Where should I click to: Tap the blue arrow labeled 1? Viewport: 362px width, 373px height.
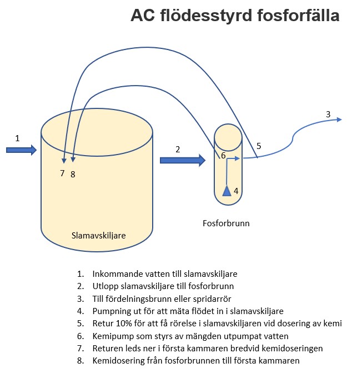click(x=22, y=150)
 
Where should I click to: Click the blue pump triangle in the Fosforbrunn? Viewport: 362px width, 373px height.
click(x=227, y=191)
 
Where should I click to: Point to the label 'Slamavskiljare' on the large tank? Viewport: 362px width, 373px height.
click(x=99, y=235)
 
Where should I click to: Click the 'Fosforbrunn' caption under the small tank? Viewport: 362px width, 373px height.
click(x=225, y=223)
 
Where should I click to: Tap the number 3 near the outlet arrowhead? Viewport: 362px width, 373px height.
click(x=328, y=114)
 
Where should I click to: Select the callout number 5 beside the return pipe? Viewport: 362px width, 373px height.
click(x=259, y=146)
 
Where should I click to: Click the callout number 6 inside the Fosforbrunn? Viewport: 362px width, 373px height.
click(x=223, y=156)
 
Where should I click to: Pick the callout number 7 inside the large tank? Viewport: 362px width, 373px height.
click(x=63, y=173)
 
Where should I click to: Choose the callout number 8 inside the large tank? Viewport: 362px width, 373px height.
click(x=73, y=174)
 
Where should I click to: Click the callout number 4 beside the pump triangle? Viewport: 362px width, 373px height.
click(x=236, y=191)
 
